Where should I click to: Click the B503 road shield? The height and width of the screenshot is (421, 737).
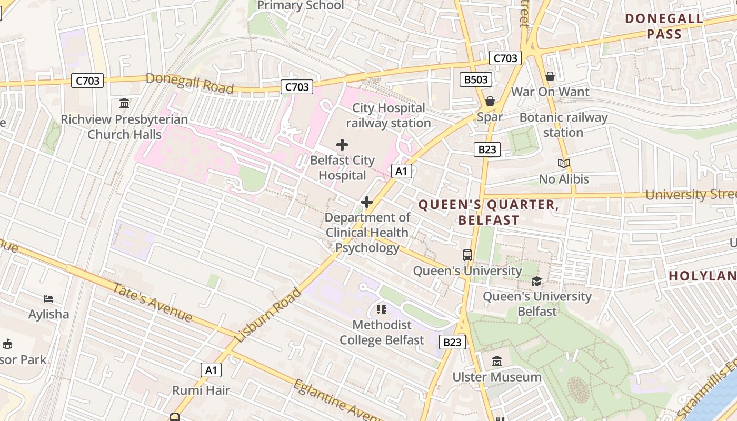(476, 79)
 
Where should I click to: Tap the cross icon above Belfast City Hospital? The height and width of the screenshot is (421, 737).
(342, 145)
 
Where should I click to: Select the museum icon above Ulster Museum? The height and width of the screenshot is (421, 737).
(497, 362)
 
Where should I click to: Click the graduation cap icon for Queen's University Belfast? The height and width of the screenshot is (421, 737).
(536, 281)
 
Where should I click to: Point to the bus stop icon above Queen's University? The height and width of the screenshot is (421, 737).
(467, 255)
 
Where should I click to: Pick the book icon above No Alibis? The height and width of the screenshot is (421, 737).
(564, 164)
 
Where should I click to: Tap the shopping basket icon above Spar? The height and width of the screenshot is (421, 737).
(490, 101)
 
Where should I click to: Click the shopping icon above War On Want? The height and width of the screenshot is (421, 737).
(550, 76)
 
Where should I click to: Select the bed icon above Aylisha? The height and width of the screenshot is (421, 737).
(48, 299)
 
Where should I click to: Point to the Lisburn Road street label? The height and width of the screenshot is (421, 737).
(268, 315)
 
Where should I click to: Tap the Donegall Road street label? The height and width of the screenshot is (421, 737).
(190, 83)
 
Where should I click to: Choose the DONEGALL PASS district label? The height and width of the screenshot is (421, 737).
(664, 26)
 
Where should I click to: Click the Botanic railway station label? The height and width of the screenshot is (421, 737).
(563, 125)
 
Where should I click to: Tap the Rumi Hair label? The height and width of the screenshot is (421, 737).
(201, 390)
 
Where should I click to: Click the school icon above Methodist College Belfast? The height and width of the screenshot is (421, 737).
(382, 309)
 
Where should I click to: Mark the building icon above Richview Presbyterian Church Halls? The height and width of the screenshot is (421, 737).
(124, 103)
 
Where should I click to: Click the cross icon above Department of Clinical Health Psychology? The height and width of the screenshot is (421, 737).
(367, 202)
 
